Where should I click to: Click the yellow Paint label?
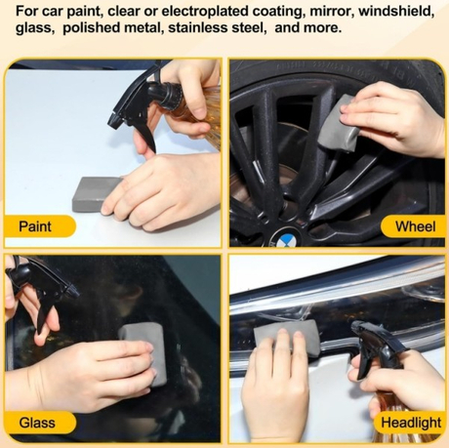click(x=40, y=226)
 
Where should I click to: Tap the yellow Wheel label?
click(x=413, y=226)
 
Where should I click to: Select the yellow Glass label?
click(x=40, y=423)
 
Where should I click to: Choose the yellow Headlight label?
click(x=410, y=423)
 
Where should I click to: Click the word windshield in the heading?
click(x=396, y=12)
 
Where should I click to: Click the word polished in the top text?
click(x=87, y=28)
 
